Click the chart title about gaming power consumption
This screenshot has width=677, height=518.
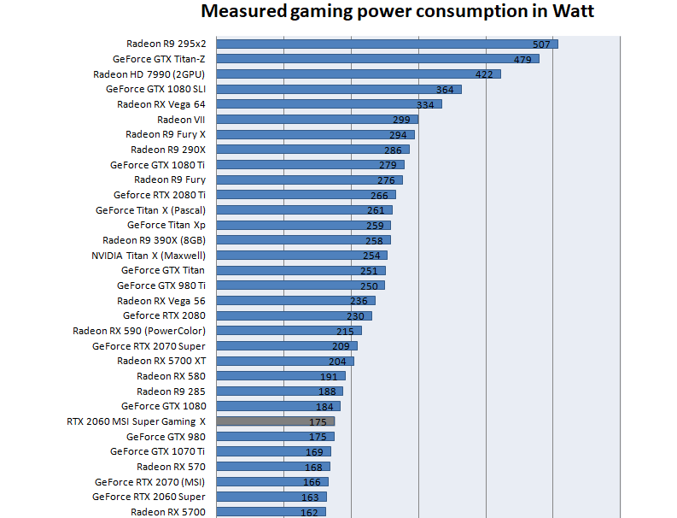click(397, 13)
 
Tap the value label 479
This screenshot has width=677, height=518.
click(523, 59)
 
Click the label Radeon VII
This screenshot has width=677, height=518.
click(181, 120)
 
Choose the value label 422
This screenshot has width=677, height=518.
click(484, 74)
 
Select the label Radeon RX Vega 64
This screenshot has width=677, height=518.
click(161, 104)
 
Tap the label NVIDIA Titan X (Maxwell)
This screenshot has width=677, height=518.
click(149, 256)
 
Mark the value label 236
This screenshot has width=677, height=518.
click(359, 301)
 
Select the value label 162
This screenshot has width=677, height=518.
click(309, 513)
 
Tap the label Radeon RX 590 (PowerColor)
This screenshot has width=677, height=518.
click(139, 331)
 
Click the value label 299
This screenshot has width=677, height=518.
click(401, 120)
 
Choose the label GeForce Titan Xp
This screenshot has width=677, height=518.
click(166, 225)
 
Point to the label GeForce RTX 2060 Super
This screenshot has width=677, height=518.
click(149, 497)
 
